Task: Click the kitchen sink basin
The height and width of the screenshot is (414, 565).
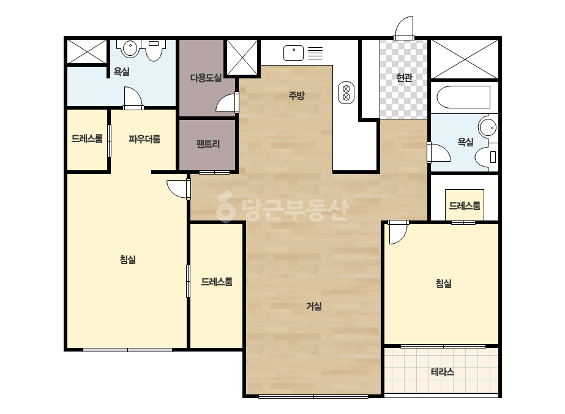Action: [293, 53]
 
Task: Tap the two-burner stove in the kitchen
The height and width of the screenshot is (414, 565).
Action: [346, 92]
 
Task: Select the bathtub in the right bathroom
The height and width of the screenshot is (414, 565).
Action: [464, 97]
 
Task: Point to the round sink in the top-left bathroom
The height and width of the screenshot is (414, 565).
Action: [130, 48]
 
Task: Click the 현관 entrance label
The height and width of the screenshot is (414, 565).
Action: [404, 78]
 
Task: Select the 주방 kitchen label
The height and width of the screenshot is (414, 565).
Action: [296, 96]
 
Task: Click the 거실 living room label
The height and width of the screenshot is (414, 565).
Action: [314, 306]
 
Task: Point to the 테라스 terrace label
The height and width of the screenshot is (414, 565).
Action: [443, 372]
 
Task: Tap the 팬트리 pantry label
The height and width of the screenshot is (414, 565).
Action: [208, 145]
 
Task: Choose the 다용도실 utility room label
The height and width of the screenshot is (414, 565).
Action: [206, 78]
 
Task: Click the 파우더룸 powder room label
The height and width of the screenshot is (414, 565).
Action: [144, 139]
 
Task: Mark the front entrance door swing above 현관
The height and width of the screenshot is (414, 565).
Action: [403, 28]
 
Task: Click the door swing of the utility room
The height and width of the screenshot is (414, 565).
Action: [227, 102]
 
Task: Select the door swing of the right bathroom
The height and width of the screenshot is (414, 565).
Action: [439, 152]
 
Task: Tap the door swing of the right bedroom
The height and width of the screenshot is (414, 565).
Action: [398, 232]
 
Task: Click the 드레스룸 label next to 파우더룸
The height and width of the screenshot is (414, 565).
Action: [87, 138]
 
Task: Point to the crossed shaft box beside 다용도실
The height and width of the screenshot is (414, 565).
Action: [242, 58]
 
